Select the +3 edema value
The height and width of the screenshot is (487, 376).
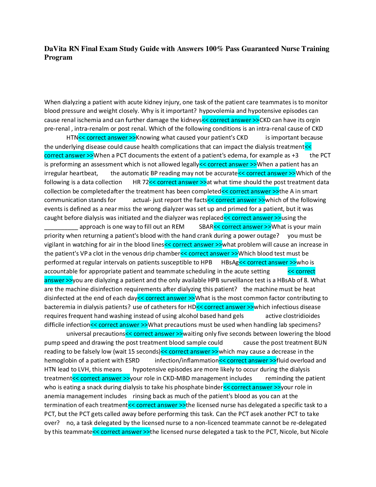point(295,156)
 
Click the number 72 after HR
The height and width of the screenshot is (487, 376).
point(145,182)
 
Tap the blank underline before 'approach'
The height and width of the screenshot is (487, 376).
point(61,227)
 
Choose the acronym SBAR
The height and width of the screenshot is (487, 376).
point(206,227)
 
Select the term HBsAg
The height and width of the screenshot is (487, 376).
point(230,263)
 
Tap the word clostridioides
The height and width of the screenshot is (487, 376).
point(301,316)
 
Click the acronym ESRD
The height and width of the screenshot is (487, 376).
point(132,361)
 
